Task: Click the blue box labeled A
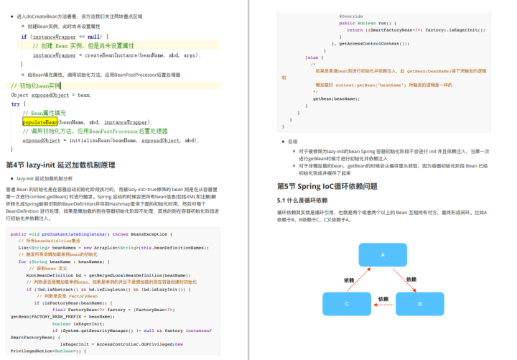coord(382,254)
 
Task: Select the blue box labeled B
coord(419,304)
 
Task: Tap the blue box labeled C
coord(347,304)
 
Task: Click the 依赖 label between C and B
coord(383,297)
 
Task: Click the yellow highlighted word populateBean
coord(39,122)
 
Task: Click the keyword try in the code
coord(15,103)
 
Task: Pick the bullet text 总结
coord(292,142)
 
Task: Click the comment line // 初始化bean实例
coord(36,85)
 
